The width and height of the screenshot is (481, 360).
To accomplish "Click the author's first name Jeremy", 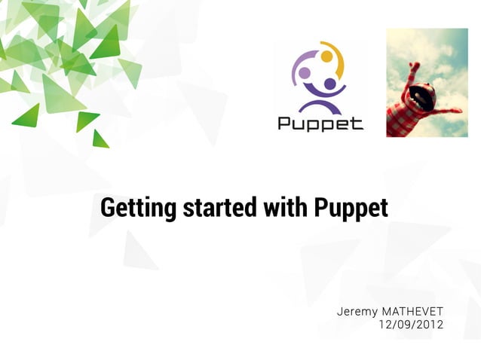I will click(x=357, y=312).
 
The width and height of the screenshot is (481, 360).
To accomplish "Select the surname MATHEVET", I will click(x=413, y=312).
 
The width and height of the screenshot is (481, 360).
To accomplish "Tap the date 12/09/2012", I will click(x=411, y=325).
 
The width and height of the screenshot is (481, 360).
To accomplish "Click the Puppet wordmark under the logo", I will click(x=320, y=122).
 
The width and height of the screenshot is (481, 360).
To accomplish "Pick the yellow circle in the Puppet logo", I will click(x=326, y=56).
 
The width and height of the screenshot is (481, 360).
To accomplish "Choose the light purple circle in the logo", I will click(x=305, y=73).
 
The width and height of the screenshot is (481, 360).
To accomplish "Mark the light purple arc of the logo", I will click(x=296, y=68).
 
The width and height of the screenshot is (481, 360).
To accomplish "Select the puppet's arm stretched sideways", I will click(x=445, y=111).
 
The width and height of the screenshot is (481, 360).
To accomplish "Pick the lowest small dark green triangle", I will click(x=100, y=139).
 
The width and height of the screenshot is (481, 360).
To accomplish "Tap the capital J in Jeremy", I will click(x=341, y=312).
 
